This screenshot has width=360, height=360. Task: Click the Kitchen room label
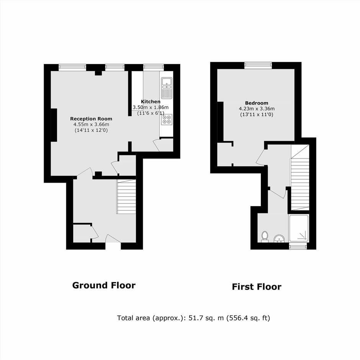[x=151, y=101]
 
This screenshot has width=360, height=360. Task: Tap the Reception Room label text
[x=91, y=119]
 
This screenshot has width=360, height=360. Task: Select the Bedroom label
[x=257, y=103]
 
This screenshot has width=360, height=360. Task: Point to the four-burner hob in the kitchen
[x=167, y=119]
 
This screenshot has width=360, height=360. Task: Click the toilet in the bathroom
[x=265, y=236]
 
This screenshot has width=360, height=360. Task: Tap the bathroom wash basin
[x=279, y=239]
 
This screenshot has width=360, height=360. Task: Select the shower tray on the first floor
[x=298, y=228]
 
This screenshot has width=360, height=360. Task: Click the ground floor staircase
[x=126, y=196]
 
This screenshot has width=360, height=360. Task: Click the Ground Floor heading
[x=104, y=285]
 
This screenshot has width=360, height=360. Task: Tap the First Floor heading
[x=257, y=286]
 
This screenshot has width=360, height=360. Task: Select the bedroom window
[x=258, y=65]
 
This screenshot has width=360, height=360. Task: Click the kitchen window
[x=154, y=67]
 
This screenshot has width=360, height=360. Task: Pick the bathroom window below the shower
[x=298, y=247]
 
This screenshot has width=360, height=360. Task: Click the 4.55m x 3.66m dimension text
[x=91, y=124]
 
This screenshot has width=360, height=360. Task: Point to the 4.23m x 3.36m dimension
[x=257, y=109]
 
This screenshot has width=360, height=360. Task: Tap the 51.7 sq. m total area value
[x=206, y=318]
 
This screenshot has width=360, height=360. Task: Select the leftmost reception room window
[x=72, y=67]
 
